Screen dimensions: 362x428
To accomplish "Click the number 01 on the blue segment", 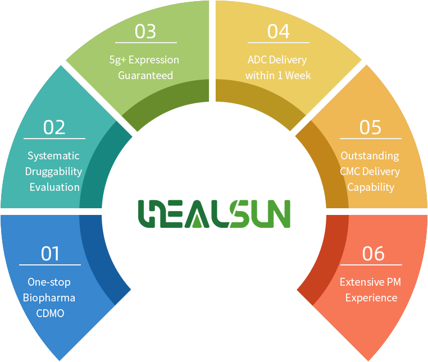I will click(50, 254).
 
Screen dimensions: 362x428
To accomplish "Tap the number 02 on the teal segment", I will click(54, 127).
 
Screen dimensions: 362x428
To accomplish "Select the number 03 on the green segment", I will click(145, 31).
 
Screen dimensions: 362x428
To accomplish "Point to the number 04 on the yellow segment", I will click(278, 31).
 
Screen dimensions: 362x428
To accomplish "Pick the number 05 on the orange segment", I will click(370, 127).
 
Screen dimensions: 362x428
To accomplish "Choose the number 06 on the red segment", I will click(374, 254).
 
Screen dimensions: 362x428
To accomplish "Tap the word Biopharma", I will click(49, 297).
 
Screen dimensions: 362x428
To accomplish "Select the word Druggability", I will click(54, 171).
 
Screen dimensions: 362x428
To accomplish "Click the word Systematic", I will click(54, 155).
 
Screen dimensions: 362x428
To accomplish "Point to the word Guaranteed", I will click(145, 75).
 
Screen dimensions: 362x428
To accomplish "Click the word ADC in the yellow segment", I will click(258, 59).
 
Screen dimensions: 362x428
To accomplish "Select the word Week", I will click(297, 75).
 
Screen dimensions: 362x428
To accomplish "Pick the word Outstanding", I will click(370, 155).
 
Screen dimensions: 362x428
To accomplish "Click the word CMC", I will click(352, 171).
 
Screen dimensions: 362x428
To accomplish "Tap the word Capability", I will click(371, 187).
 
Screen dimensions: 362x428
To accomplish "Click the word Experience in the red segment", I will click(371, 297).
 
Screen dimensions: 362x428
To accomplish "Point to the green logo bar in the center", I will click(214, 213).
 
